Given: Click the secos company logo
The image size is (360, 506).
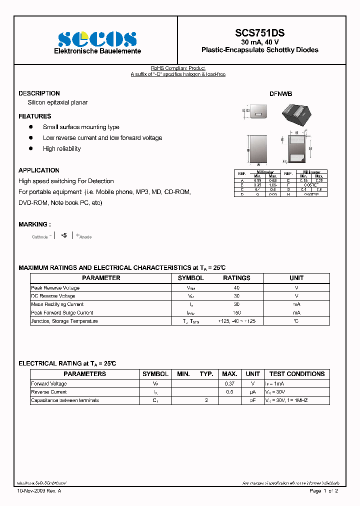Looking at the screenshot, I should tap(97, 39).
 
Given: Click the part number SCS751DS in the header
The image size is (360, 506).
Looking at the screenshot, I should tap(259, 33).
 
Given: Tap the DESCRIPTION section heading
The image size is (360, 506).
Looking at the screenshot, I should tap(39, 93).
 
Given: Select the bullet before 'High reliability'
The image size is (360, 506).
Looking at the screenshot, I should tap(31, 148).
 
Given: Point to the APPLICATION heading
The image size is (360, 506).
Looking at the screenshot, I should tap(39, 170).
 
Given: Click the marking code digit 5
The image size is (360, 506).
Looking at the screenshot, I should tap(64, 235).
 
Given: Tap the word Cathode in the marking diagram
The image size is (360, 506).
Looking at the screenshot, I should tap(40, 237).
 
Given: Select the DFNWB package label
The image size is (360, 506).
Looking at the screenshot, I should tap(280, 94).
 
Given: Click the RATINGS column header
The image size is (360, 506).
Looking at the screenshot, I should tap(236, 278).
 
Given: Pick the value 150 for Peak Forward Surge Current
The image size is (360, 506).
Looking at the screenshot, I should tap(236, 312).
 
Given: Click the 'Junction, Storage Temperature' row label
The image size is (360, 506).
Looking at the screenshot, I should tap(64, 321).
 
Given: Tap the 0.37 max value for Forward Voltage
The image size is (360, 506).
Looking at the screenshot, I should tap(229, 383).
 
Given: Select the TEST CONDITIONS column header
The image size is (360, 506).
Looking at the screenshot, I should tap(296, 374).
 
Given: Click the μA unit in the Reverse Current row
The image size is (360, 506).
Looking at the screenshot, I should tap(252, 392).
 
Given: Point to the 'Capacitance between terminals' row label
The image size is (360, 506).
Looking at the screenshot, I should tap(65, 400).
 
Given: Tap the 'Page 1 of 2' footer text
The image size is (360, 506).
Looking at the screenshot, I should tap(324, 491).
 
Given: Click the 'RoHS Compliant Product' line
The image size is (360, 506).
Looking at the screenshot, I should tap(178, 68).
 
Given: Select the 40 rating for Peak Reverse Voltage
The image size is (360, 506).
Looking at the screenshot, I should tap(236, 288).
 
